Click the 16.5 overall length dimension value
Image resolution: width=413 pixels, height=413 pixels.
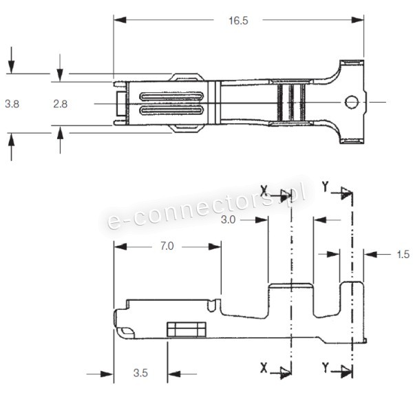click(238, 21)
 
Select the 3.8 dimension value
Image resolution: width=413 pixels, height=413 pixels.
click(12, 104)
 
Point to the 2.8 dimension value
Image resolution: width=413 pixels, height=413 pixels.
click(61, 104)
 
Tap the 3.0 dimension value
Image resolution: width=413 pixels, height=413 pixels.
click(230, 220)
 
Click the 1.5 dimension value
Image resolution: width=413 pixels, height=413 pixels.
click(403, 255)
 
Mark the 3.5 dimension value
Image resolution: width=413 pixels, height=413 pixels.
click(140, 375)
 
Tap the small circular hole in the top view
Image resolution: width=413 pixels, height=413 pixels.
click(352, 103)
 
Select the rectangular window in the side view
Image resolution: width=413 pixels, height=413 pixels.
click(187, 329)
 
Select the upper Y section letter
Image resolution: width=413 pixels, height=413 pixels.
click(324, 187)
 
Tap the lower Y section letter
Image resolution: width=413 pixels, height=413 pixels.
click(324, 368)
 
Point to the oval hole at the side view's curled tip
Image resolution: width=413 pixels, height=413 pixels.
click(126, 332)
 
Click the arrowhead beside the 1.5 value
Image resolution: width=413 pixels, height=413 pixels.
click(370, 255)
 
